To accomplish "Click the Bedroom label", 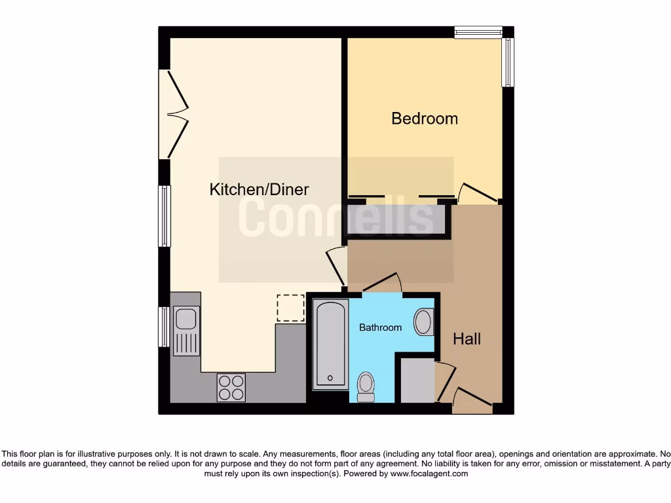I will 424,119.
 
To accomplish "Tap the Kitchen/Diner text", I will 259,190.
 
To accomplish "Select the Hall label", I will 467,339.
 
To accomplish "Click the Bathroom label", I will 380,327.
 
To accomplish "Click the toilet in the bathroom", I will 365,386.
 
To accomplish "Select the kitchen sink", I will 186,331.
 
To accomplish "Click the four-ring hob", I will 231,387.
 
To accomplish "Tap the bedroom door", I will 478,191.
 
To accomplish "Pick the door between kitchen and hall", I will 336,265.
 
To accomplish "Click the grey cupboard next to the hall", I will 417,380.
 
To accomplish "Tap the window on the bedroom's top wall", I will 478,31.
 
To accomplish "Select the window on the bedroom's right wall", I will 508,62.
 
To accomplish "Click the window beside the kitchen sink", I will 164,326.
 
